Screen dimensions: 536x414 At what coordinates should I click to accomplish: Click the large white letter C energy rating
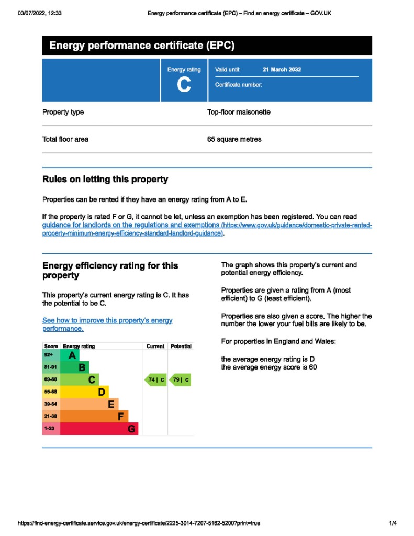pyautogui.click(x=184, y=85)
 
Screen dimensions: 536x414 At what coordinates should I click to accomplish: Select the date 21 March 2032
pyautogui.click(x=282, y=70)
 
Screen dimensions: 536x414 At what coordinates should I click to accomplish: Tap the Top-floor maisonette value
pyautogui.click(x=239, y=112)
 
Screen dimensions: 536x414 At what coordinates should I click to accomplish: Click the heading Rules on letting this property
pyautogui.click(x=105, y=180)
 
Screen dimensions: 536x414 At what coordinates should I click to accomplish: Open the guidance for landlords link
pyautogui.click(x=131, y=225)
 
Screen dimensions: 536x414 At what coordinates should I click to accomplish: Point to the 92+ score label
pyautogui.click(x=49, y=355)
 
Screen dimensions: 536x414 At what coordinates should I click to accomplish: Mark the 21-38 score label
pyautogui.click(x=50, y=417)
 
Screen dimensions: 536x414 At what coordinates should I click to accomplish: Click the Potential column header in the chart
pyautogui.click(x=181, y=347)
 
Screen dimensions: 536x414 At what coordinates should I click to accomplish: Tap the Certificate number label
pyautogui.click(x=239, y=85)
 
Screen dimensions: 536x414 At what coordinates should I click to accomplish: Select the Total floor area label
pyautogui.click(x=65, y=139)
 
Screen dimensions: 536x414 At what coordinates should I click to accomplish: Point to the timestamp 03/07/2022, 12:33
pyautogui.click(x=40, y=13)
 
